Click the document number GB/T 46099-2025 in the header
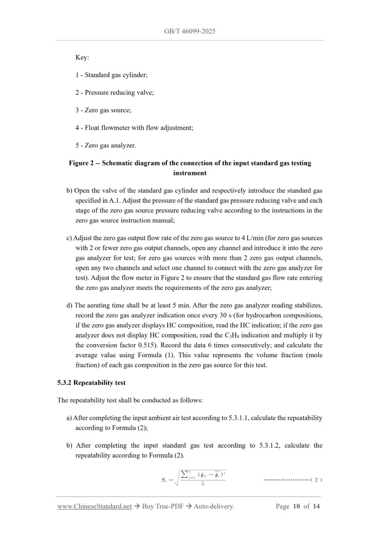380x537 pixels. pos(190,31)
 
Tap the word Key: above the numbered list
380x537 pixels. pos(82,57)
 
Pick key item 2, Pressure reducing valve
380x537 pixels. pos(115,93)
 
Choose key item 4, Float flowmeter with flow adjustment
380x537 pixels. pos(134,128)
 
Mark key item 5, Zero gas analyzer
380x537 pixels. pos(105,146)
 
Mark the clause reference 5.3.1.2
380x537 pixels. pos(269,445)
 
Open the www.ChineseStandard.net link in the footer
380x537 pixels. pos(94,506)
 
